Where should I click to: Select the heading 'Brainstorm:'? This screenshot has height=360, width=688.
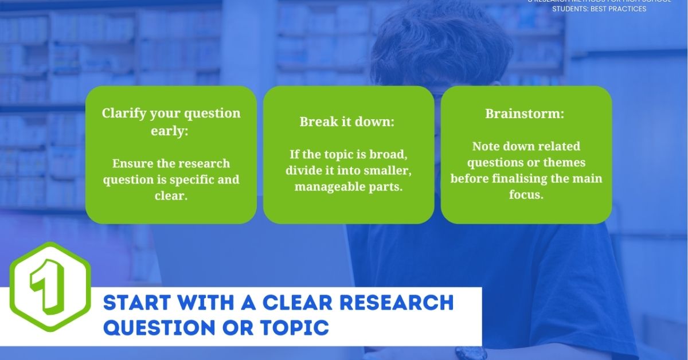pyautogui.click(x=525, y=114)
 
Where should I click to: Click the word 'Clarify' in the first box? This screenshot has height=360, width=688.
pyautogui.click(x=123, y=113)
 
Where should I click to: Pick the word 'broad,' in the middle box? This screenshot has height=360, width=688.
pyautogui.click(x=386, y=155)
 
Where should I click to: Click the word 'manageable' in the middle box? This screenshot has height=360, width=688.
pyautogui.click(x=325, y=187)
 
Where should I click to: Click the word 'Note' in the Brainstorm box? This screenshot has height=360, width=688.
pyautogui.click(x=486, y=146)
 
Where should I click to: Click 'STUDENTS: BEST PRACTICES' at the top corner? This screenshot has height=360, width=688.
pyautogui.click(x=599, y=9)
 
